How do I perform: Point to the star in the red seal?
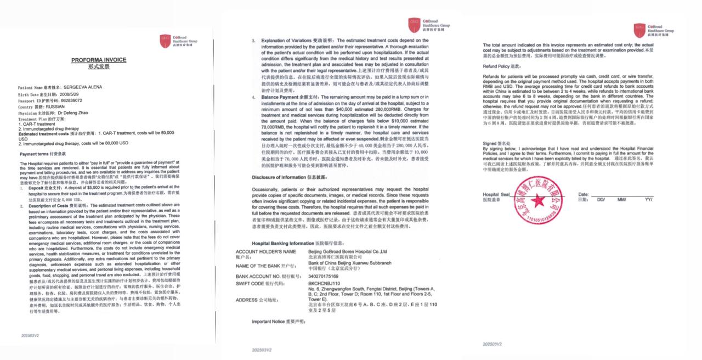pyautogui.click(x=537, y=201)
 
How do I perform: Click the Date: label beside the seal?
pyautogui.click(x=583, y=195)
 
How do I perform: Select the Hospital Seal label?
pyautogui.click(x=496, y=195)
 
